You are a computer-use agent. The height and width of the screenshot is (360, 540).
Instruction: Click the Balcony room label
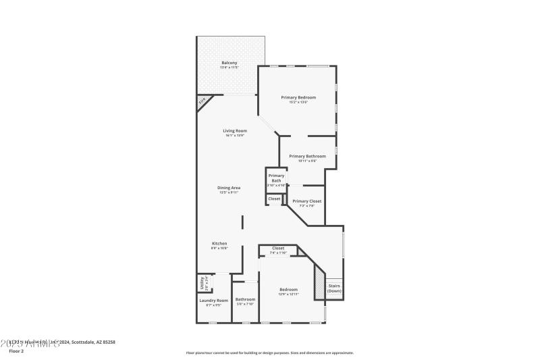229,63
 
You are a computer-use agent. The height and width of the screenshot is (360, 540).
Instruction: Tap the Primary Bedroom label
298,97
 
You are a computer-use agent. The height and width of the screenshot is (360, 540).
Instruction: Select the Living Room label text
235,130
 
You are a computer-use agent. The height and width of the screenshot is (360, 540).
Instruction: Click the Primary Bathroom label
307,156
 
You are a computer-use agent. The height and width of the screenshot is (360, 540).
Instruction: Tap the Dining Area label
230,188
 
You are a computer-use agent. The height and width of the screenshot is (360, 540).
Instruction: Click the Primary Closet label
306,201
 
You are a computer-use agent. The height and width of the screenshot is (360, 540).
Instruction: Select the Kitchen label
219,243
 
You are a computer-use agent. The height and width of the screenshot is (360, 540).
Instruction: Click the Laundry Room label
213,300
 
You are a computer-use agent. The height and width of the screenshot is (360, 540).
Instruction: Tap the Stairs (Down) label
335,288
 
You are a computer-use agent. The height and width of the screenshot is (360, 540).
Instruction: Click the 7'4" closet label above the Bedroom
278,249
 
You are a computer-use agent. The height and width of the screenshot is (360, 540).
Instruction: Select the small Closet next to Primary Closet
274,199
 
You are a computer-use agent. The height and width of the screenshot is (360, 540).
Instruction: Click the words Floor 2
16,351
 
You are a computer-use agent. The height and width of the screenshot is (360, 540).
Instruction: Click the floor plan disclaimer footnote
269,353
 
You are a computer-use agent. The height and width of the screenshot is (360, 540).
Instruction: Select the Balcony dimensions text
229,68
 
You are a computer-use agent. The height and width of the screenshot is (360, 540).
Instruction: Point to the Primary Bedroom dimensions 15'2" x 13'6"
298,102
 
